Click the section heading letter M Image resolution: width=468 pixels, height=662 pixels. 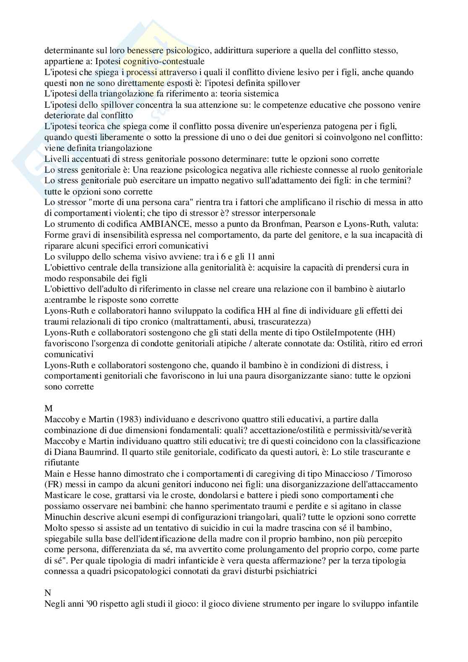[x=47, y=408]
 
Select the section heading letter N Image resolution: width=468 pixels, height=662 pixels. [x=47, y=593]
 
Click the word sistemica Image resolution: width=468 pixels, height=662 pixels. [x=263, y=93]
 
